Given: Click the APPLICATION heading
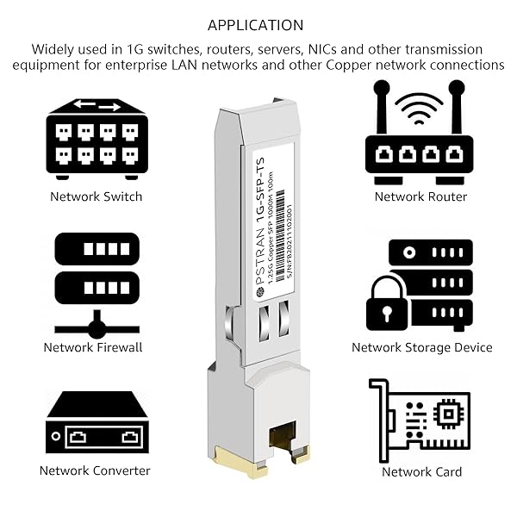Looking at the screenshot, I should [x=256, y=25].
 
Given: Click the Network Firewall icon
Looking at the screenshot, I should [x=97, y=283].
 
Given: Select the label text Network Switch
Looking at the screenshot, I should [x=96, y=196].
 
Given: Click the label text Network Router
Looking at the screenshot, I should [x=420, y=196].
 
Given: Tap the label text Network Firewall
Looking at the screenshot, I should [x=93, y=347].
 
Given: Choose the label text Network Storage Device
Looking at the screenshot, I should [x=422, y=347].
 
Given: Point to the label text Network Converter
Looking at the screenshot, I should [x=95, y=470].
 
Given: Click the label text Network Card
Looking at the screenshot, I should [x=421, y=471].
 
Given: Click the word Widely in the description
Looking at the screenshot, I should [x=54, y=49].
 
